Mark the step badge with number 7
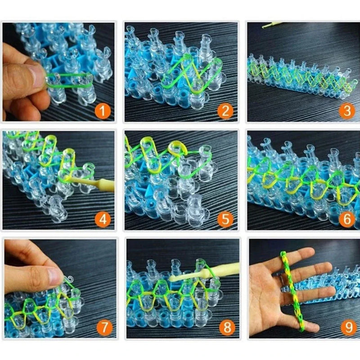click(x=103, y=327)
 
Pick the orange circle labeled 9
click(x=346, y=327)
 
